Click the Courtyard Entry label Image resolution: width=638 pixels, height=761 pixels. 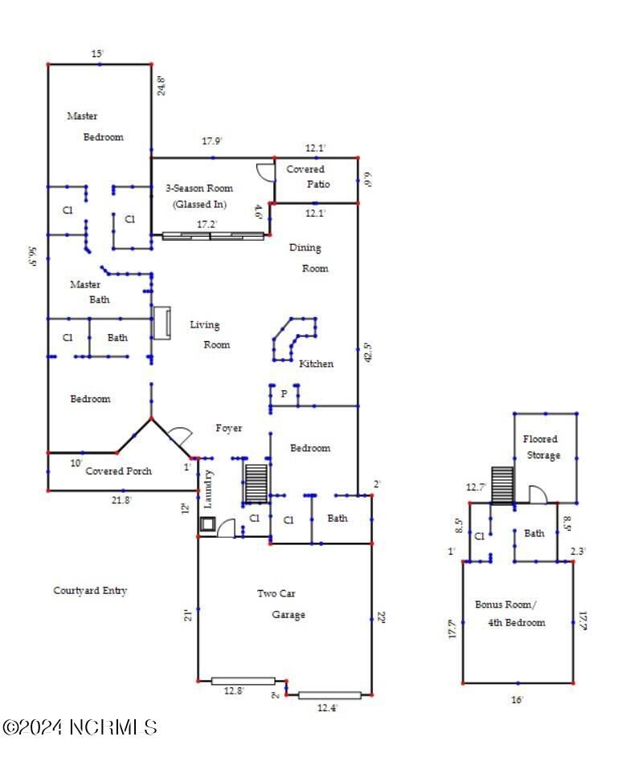(x=90, y=591)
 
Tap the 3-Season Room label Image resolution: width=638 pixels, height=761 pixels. (x=199, y=196)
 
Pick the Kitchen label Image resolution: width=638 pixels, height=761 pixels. (x=316, y=364)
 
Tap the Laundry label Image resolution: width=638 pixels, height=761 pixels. (x=208, y=489)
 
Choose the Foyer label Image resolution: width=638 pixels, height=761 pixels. (x=229, y=429)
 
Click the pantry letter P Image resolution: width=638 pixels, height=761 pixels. (x=284, y=394)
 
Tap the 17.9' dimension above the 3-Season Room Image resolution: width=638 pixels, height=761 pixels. (x=211, y=141)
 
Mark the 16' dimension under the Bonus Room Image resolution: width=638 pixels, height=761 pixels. (x=517, y=700)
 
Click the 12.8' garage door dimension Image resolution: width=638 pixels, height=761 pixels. (x=235, y=690)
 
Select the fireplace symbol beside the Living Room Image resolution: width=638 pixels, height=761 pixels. (x=162, y=323)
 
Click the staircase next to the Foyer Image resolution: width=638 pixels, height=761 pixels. (x=256, y=482)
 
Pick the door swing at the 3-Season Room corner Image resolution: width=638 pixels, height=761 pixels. (x=265, y=171)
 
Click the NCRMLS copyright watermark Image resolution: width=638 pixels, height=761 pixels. (x=80, y=727)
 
